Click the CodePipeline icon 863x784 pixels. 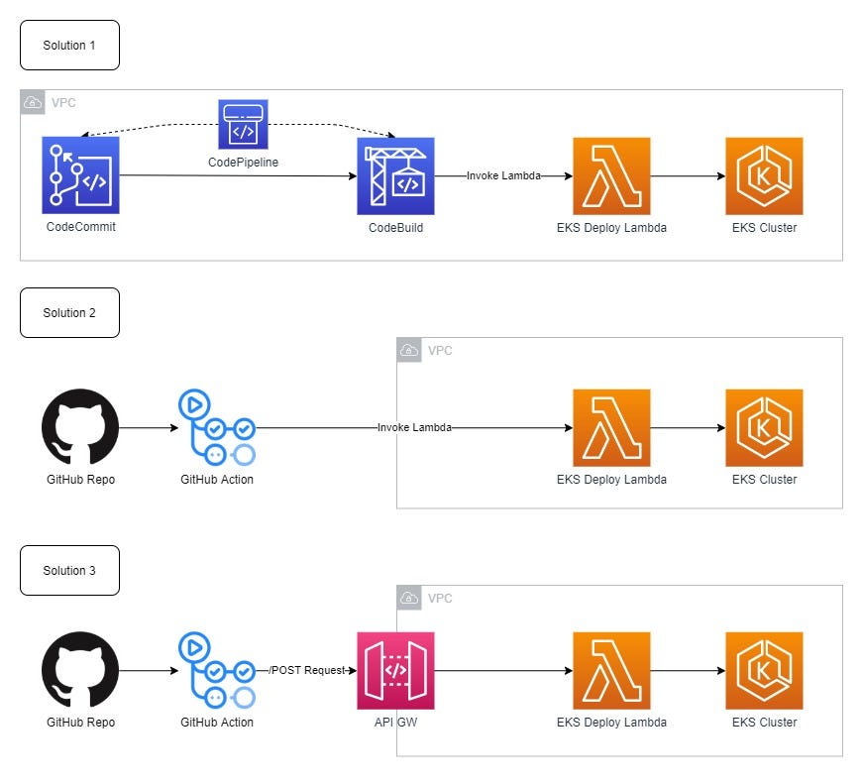pos(244,123)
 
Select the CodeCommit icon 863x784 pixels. pos(80,175)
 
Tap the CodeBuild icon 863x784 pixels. pos(395,175)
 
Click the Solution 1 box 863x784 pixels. pos(69,46)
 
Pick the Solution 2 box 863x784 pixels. pos(69,312)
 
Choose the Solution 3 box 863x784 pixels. pos(69,570)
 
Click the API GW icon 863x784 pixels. pos(395,671)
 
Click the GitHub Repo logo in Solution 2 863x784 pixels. pos(80,427)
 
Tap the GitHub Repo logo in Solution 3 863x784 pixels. pos(80,671)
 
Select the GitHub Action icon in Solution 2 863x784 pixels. pos(216,427)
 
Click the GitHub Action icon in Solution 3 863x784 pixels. pos(216,671)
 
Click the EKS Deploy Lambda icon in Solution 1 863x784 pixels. pos(611,175)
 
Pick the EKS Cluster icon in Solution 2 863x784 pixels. pos(764,427)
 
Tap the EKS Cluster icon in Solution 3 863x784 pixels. pos(764,671)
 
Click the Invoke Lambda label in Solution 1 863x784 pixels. pos(503,175)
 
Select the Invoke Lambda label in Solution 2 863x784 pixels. pos(414,427)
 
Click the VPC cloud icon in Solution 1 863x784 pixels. pos(32,101)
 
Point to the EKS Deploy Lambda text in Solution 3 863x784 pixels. pos(611,723)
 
